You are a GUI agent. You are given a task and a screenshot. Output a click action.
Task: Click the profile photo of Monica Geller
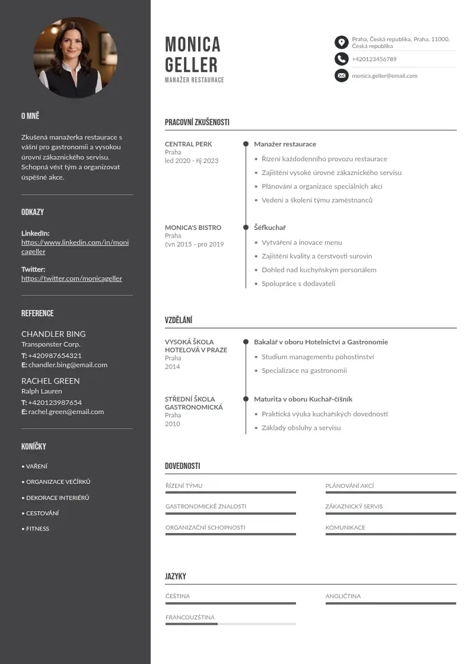point(75,58)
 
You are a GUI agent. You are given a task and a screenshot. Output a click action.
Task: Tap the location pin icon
point(341,42)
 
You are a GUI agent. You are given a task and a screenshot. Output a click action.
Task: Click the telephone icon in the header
point(341,59)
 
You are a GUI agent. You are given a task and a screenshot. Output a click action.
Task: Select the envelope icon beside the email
point(341,75)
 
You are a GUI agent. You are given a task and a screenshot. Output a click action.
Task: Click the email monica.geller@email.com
point(384,76)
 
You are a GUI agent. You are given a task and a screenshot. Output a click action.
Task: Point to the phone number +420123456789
point(374,59)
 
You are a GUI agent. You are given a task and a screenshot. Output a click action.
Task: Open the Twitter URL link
point(72,278)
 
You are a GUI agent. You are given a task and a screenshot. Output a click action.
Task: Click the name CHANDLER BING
point(53,334)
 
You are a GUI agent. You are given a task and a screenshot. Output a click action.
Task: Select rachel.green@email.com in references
point(66,411)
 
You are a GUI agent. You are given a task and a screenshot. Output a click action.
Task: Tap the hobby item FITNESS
point(37,528)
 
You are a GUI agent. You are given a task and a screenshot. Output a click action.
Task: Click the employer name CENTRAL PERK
point(188,144)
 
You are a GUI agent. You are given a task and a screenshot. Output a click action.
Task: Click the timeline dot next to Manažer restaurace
point(246,144)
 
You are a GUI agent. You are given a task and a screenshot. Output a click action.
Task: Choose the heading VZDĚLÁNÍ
point(179,320)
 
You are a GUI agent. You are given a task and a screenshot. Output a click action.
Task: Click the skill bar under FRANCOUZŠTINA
point(230,624)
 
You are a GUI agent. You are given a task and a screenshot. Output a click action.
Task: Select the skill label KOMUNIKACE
point(345,527)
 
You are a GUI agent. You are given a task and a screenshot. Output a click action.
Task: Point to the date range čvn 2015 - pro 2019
point(194,244)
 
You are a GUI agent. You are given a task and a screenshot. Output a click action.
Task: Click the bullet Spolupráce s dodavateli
point(298,283)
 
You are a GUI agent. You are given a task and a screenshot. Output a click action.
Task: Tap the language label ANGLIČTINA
point(343,596)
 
